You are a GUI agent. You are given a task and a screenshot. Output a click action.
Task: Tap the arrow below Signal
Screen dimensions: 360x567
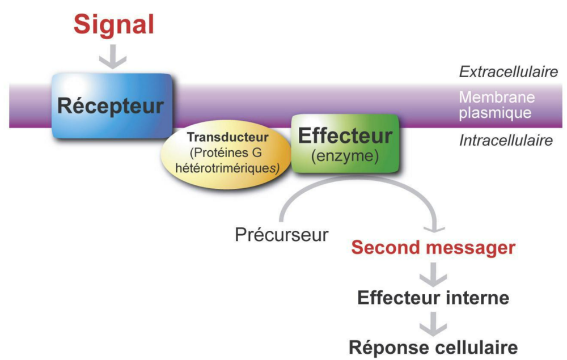click(x=114, y=57)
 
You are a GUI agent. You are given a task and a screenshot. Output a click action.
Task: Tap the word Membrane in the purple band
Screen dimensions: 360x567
click(x=497, y=97)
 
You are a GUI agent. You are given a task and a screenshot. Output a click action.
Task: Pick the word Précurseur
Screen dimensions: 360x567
click(x=282, y=234)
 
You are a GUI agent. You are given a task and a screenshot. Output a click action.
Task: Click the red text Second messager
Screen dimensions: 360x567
click(x=433, y=248)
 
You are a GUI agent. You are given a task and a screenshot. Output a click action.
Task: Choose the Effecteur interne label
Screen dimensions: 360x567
click(x=433, y=298)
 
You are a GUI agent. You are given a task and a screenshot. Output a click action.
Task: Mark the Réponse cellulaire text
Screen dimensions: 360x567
click(x=433, y=346)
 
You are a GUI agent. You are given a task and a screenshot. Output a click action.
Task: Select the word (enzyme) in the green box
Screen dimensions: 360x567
click(x=345, y=156)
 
